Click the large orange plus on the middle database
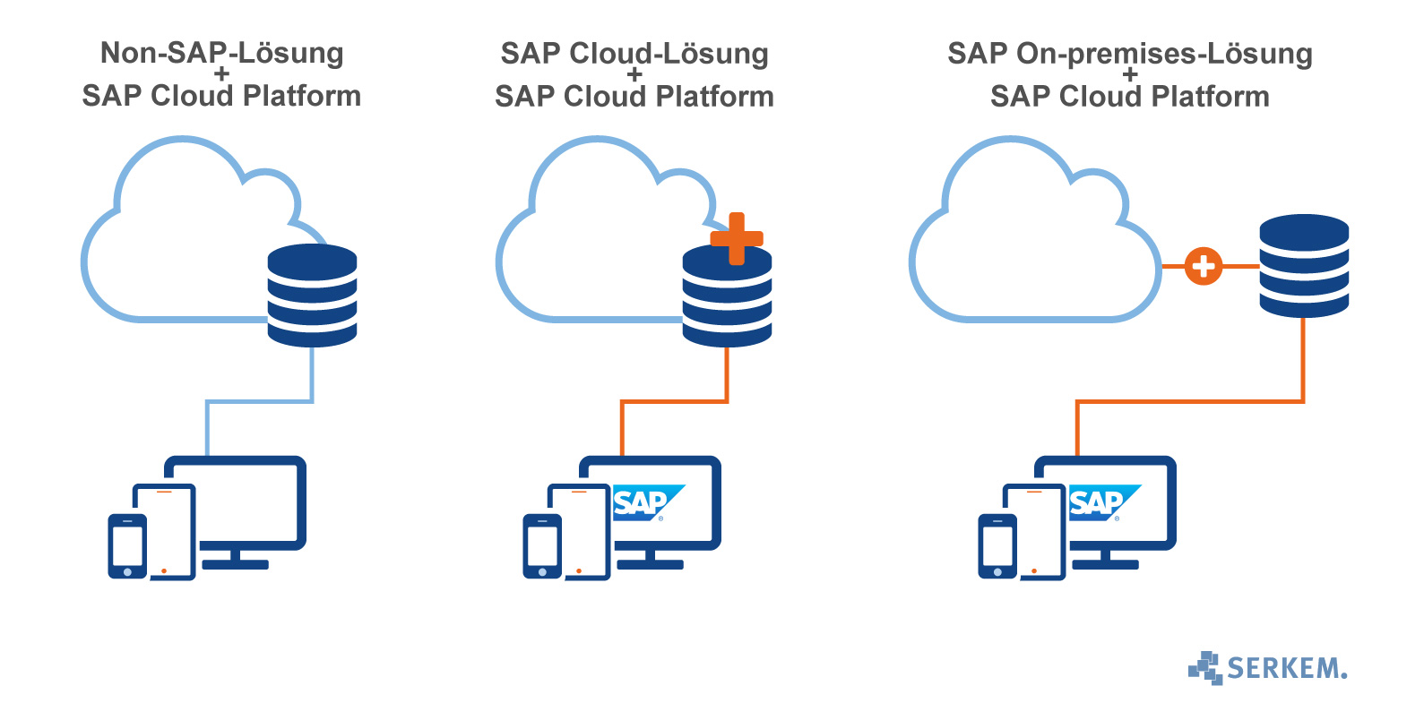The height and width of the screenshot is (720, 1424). [x=737, y=239]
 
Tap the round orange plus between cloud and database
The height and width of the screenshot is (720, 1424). [x=1204, y=266]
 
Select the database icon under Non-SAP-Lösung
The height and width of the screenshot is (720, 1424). [x=312, y=296]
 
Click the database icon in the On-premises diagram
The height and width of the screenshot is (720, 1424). [x=1304, y=266]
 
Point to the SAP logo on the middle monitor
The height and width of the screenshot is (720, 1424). [x=647, y=503]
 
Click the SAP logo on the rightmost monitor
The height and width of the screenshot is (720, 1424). [x=1103, y=503]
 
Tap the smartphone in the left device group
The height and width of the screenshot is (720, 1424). [x=127, y=546]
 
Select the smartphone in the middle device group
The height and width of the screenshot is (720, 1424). [x=542, y=546]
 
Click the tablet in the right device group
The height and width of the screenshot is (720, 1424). [x=1035, y=533]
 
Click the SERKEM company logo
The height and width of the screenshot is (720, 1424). [x=1267, y=668]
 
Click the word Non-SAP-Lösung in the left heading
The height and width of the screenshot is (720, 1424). [x=221, y=53]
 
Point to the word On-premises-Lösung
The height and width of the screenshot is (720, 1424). [x=1164, y=54]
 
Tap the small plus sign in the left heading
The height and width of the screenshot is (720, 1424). [x=221, y=74]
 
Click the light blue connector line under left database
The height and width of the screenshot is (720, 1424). [x=260, y=401]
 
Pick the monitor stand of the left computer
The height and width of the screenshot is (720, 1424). [x=235, y=561]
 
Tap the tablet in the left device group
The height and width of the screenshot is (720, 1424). [x=165, y=533]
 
